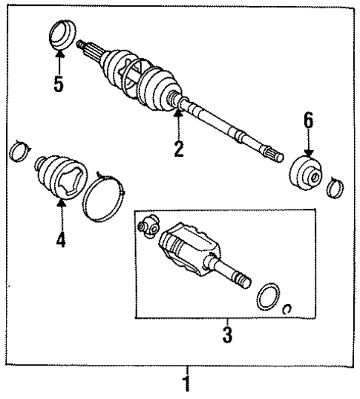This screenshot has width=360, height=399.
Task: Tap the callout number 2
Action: coord(178,148)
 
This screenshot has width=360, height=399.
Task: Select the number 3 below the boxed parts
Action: coord(226,335)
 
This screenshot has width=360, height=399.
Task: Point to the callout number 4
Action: coord(61,241)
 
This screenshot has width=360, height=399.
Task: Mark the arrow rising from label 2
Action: coord(178,123)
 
